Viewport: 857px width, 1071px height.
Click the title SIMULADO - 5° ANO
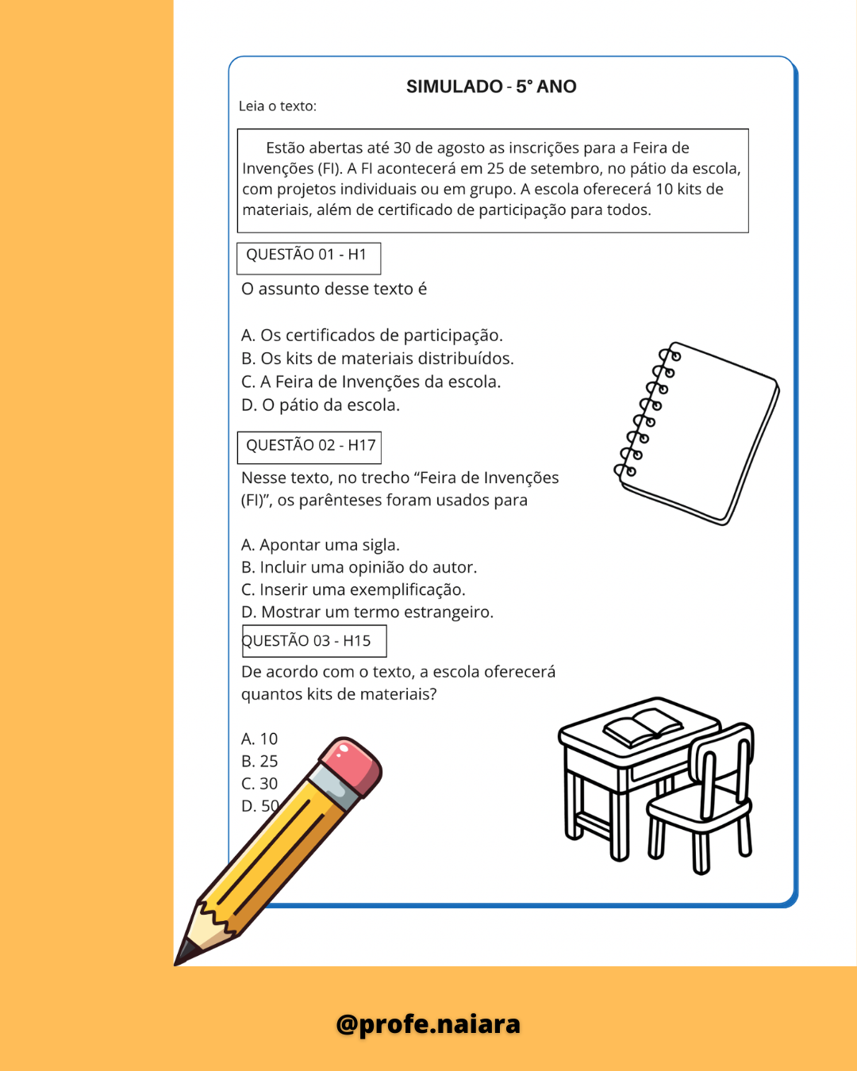pyautogui.click(x=491, y=86)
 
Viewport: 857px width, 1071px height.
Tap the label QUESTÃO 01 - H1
pyautogui.click(x=306, y=255)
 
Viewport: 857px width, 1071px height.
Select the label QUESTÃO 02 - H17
pyautogui.click(x=310, y=445)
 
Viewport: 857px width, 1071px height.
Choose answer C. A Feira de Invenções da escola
pyautogui.click(x=371, y=382)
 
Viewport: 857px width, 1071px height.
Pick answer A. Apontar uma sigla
pyautogui.click(x=320, y=545)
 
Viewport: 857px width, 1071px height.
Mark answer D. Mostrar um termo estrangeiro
pyautogui.click(x=367, y=612)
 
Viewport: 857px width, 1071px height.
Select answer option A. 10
pyautogui.click(x=259, y=739)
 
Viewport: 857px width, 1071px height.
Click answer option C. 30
pyautogui.click(x=259, y=784)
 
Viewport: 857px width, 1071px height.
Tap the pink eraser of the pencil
pyautogui.click(x=355, y=762)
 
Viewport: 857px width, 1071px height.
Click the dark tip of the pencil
pyautogui.click(x=185, y=952)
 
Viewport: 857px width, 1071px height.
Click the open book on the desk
pyautogui.click(x=643, y=727)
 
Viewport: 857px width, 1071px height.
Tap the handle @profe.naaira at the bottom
pyautogui.click(x=428, y=1024)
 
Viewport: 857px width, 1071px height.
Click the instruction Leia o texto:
pyautogui.click(x=278, y=106)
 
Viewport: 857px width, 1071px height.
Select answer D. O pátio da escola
pyautogui.click(x=320, y=405)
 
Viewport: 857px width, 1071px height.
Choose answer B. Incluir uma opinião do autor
pyautogui.click(x=359, y=567)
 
